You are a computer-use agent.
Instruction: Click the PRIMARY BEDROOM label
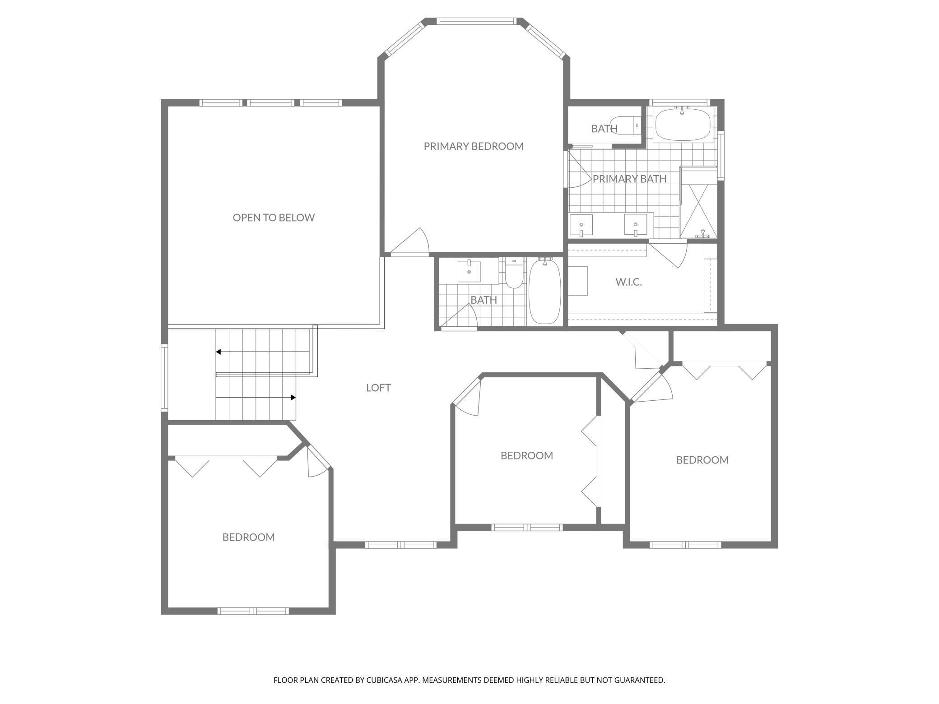click(x=474, y=146)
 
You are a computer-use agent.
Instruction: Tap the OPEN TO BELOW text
click(x=274, y=218)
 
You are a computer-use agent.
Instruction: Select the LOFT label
click(x=378, y=388)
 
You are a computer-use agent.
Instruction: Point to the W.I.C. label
click(x=628, y=282)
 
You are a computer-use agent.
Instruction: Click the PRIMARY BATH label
click(x=629, y=179)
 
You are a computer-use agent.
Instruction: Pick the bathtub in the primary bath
click(x=683, y=124)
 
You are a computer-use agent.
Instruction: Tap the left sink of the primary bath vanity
click(x=581, y=225)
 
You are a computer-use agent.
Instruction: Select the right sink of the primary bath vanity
click(x=635, y=225)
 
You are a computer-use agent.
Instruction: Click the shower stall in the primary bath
click(x=698, y=203)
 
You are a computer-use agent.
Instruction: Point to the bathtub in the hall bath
click(x=545, y=291)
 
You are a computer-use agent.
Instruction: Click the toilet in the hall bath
click(x=513, y=274)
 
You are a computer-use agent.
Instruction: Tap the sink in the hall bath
click(x=469, y=271)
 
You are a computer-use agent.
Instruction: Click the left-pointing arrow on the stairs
click(x=263, y=352)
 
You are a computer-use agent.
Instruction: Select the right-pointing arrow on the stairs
click(x=256, y=398)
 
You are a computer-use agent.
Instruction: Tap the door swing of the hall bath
click(x=459, y=316)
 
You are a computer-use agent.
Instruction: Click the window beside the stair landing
click(x=164, y=378)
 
